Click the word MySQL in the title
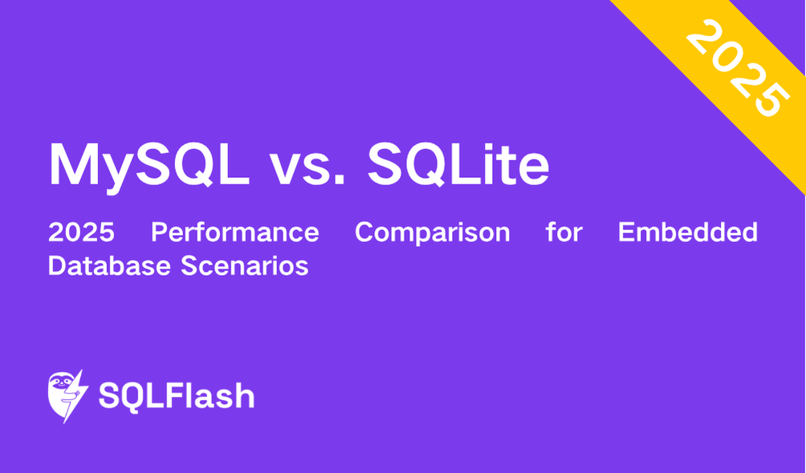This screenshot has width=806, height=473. [x=149, y=165]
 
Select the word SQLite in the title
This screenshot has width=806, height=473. [x=458, y=164]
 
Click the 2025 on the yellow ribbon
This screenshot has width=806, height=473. [x=738, y=68]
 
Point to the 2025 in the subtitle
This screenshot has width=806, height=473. [x=81, y=232]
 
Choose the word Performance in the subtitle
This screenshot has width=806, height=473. [x=235, y=232]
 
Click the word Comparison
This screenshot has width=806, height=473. [x=432, y=233]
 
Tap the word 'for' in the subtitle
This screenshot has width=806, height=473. [x=564, y=232]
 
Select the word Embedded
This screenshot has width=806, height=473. [x=688, y=232]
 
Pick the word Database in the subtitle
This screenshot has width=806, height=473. [x=109, y=265]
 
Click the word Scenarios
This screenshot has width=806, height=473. [x=245, y=265]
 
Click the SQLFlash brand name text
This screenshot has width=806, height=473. [x=177, y=396]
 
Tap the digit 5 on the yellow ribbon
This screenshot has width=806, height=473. [x=773, y=101]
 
